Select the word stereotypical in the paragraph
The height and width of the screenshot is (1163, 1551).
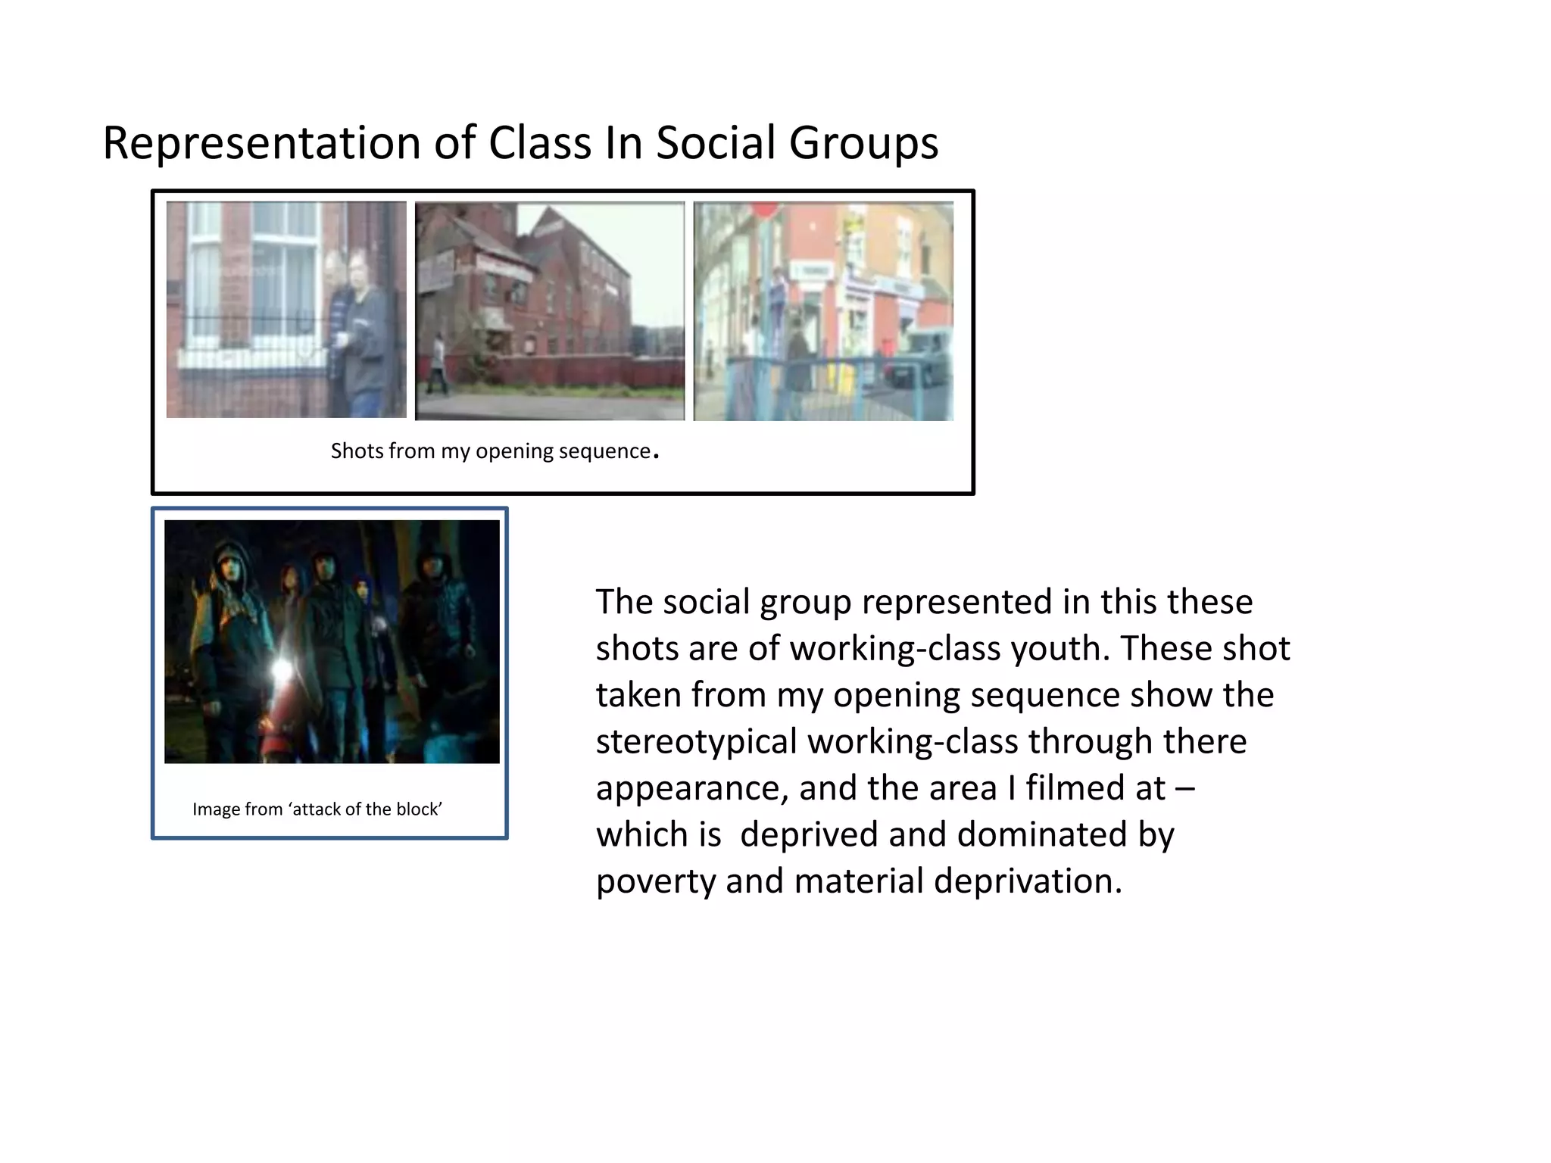tap(696, 742)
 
